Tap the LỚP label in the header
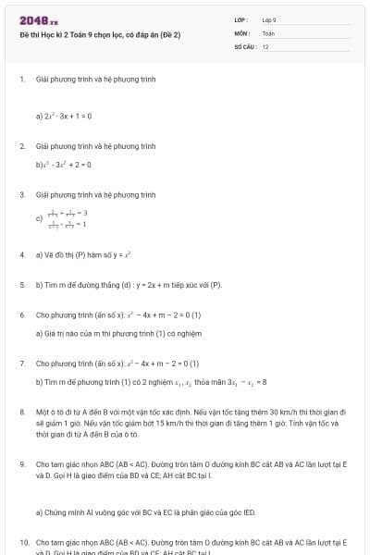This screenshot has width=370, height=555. tap(240, 19)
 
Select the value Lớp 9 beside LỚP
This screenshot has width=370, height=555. tap(269, 19)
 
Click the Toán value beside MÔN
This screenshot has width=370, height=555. tap(268, 32)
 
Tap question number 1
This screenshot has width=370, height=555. tap(21, 80)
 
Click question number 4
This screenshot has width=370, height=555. tap(21, 253)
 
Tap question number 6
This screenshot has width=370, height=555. tap(21, 315)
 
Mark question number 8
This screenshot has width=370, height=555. tap(21, 412)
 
